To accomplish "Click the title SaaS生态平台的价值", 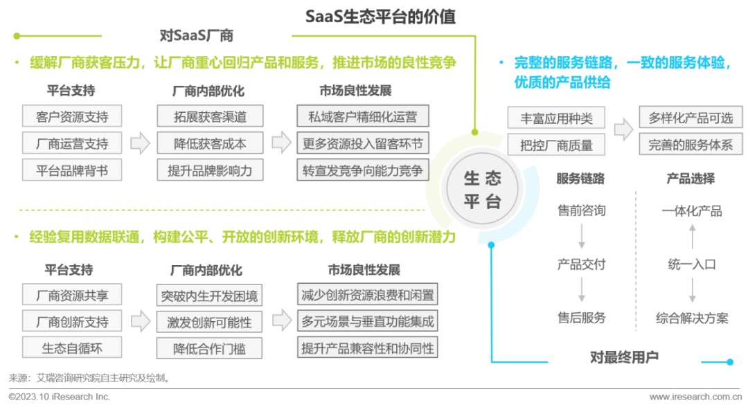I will click(380, 16).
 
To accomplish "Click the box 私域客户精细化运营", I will click(363, 117).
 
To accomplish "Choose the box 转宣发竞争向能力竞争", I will click(363, 170).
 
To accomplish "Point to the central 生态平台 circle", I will click(482, 190).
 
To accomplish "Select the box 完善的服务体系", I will click(690, 145).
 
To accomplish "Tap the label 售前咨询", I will click(581, 210).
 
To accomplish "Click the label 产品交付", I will click(581, 264).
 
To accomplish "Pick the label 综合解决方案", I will click(692, 318).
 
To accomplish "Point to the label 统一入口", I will click(692, 264).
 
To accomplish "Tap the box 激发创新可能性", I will click(208, 322).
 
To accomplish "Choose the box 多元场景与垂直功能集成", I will click(368, 322).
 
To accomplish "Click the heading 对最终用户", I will click(623, 358).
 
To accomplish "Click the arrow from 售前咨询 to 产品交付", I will click(581, 237).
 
